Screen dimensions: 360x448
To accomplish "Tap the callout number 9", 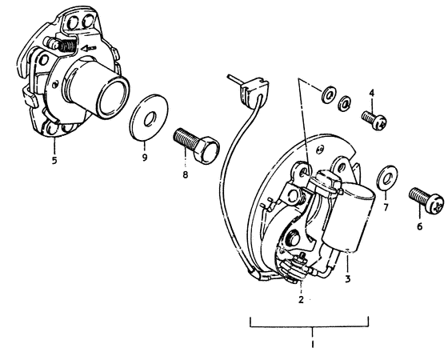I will (x=145, y=158).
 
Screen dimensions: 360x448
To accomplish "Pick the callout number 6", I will (x=419, y=226).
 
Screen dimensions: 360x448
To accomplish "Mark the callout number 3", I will (x=348, y=279).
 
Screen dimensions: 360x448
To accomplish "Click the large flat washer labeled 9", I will (x=145, y=114).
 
